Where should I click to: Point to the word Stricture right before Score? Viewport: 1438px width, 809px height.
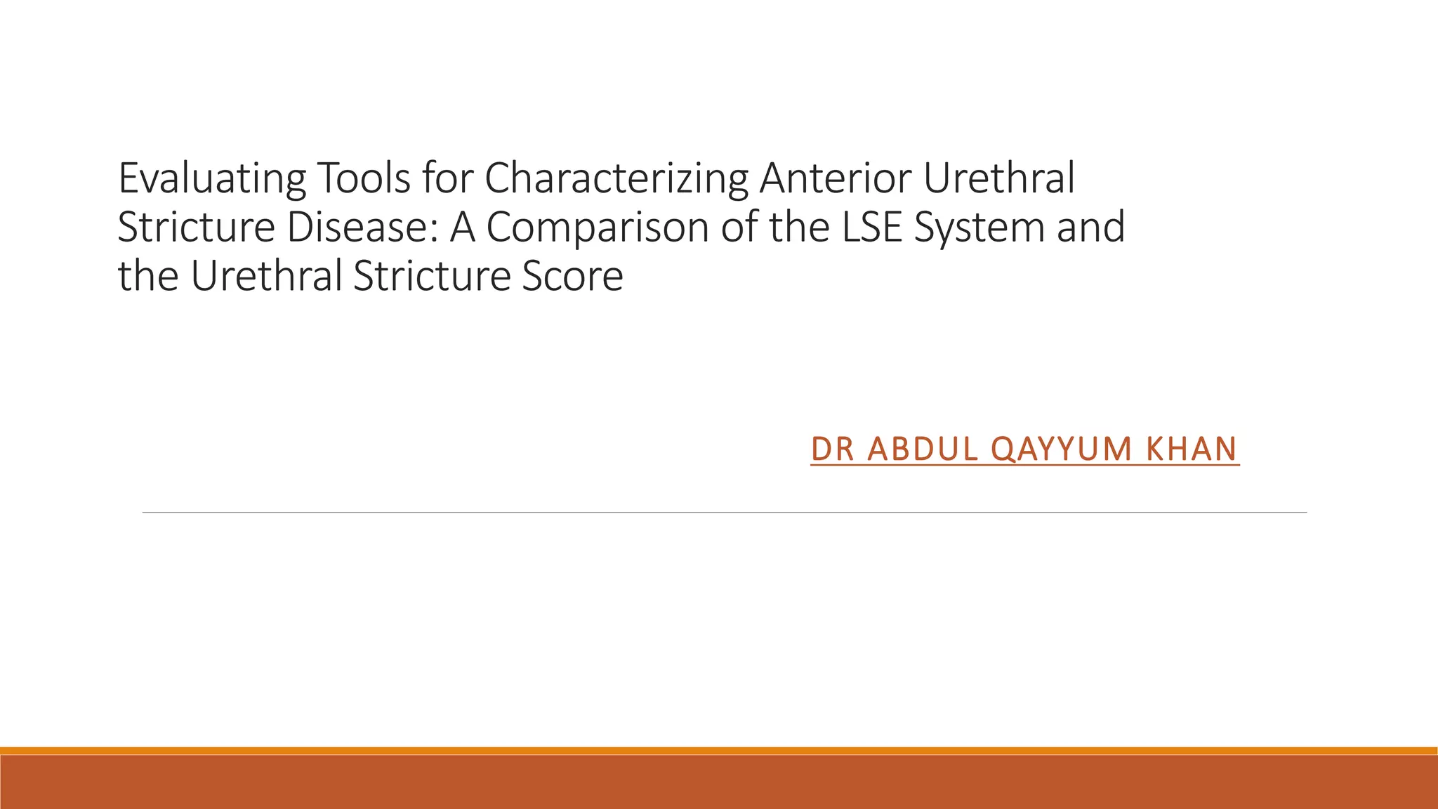coord(431,276)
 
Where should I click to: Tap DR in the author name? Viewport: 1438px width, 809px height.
coord(832,449)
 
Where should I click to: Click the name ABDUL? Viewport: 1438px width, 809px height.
coord(923,449)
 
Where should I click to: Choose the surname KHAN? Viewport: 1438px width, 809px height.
coord(1191,449)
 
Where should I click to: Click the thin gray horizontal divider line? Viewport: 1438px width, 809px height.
coord(724,513)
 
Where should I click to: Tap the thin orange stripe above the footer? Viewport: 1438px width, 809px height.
coord(719,751)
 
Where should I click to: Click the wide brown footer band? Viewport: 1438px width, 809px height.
coord(719,782)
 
